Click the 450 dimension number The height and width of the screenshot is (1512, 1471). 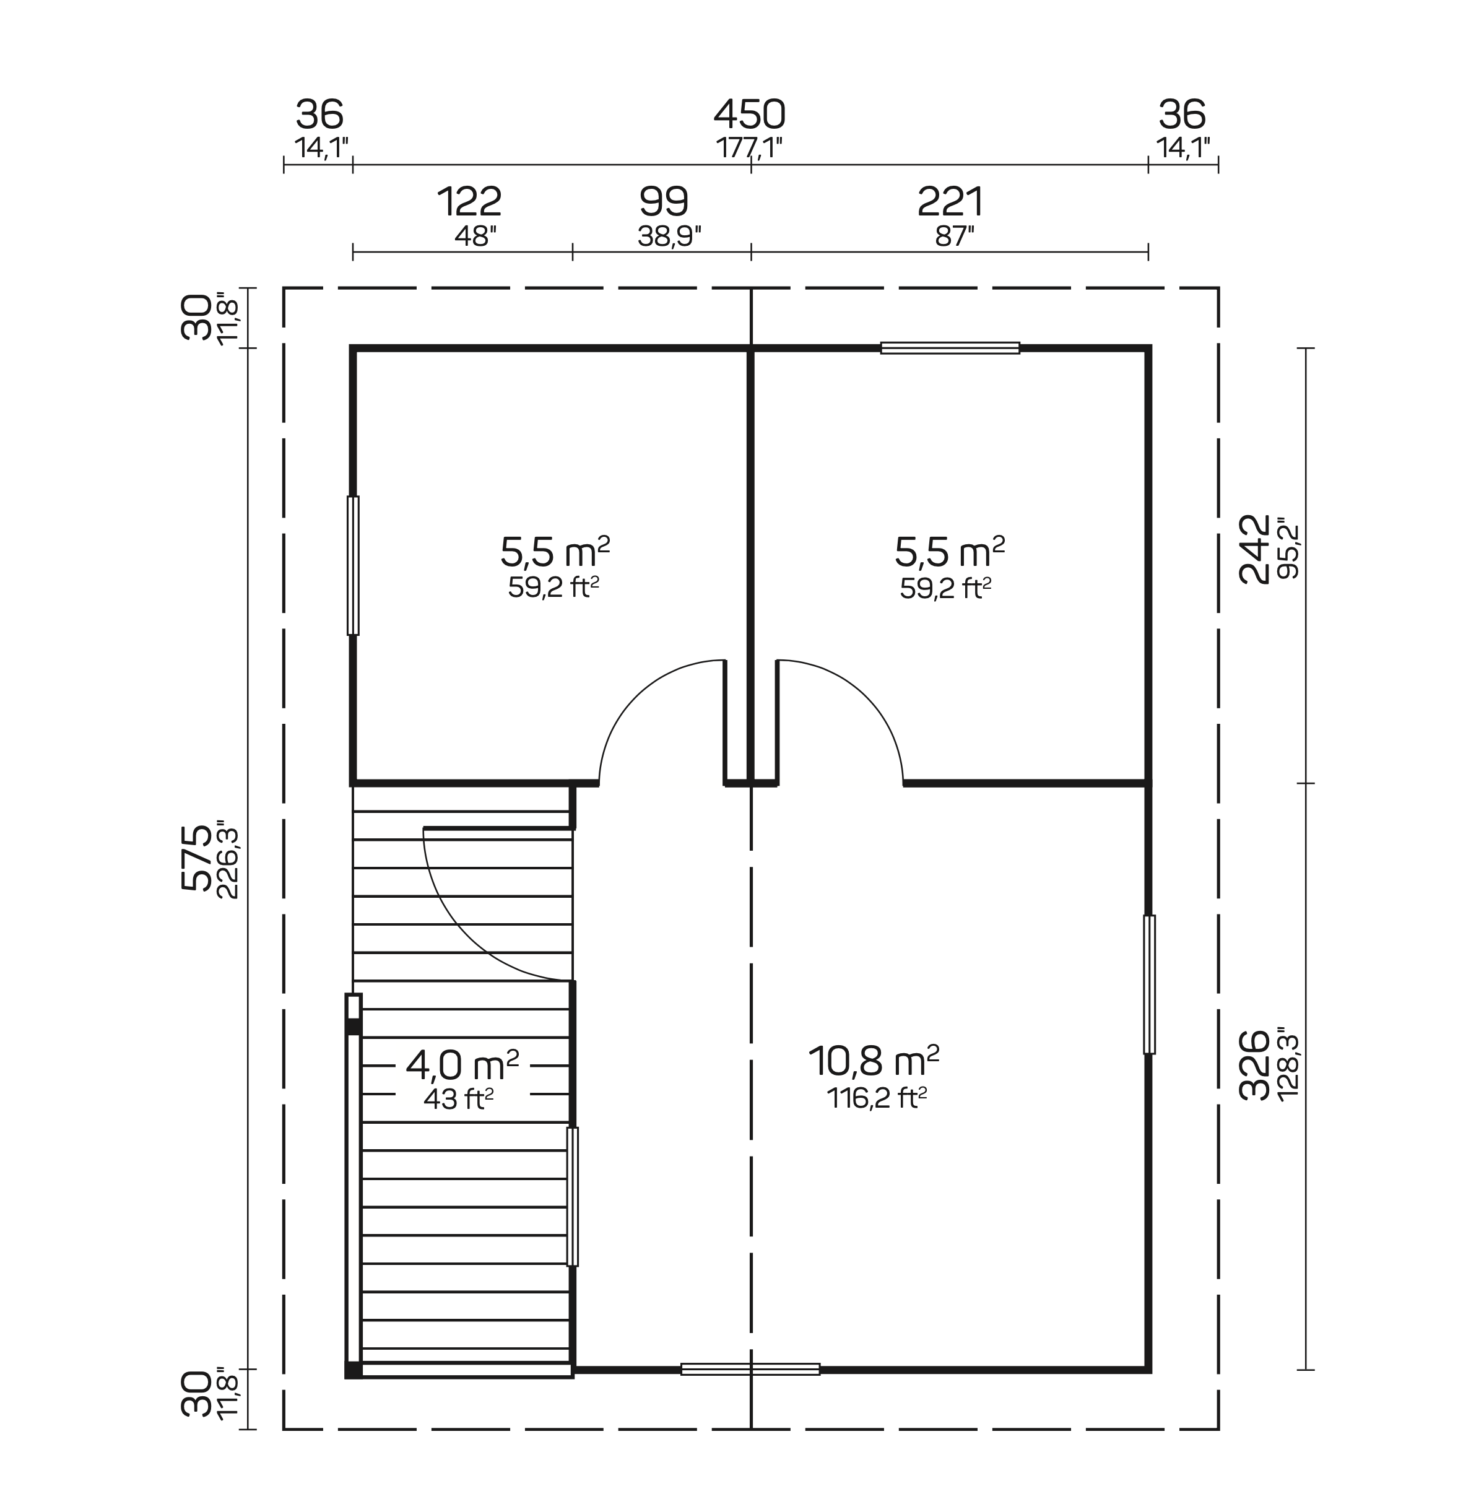(x=749, y=115)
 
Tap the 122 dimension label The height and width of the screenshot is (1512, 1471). (x=469, y=202)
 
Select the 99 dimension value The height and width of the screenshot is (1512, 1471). (x=664, y=202)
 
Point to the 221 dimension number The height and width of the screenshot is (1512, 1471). (x=950, y=202)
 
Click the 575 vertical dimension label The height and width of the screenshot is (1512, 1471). (x=196, y=858)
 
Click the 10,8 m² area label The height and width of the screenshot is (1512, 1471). (x=873, y=1062)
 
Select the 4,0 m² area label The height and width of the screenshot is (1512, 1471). (x=462, y=1066)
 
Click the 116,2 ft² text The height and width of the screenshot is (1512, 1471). (x=876, y=1098)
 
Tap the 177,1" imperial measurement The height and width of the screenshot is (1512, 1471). (x=749, y=147)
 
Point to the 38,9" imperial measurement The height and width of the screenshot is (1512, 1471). (x=669, y=237)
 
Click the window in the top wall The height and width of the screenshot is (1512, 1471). (x=950, y=349)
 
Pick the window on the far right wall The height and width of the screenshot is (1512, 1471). (x=1149, y=984)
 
